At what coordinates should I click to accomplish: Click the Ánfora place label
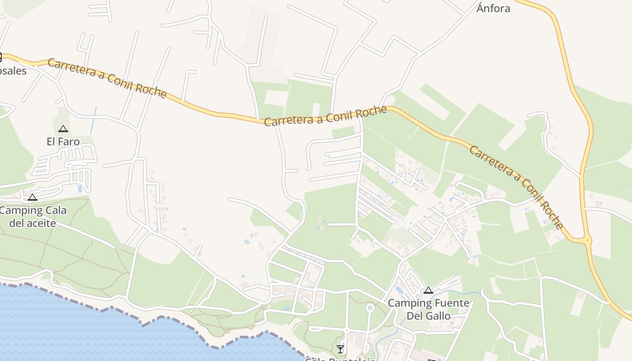(x=493, y=8)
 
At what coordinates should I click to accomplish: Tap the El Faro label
(x=63, y=142)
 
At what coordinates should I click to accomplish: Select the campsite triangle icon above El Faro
(x=63, y=129)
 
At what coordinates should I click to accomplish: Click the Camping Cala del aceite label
(x=33, y=217)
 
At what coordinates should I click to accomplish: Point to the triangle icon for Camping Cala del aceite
(x=32, y=197)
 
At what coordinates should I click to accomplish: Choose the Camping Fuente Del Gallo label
(x=428, y=309)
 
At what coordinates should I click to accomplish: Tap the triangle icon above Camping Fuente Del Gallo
(x=428, y=290)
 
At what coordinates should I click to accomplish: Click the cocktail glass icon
(x=340, y=349)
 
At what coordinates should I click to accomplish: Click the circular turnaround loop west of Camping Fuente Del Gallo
(x=370, y=308)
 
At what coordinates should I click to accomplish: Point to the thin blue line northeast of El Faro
(x=93, y=120)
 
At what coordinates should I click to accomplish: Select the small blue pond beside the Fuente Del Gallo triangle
(x=399, y=289)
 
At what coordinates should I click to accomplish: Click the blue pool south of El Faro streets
(x=80, y=189)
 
